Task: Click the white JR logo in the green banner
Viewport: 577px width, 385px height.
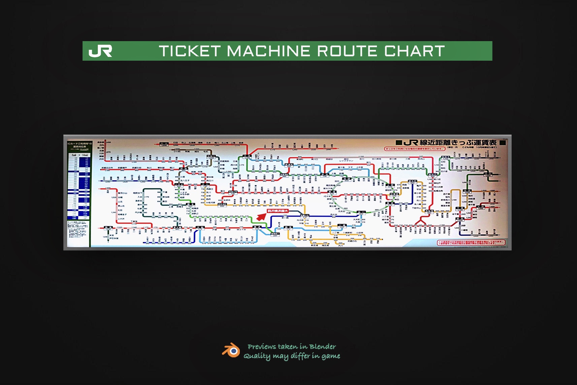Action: click(100, 51)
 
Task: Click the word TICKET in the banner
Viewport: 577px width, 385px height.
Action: click(190, 51)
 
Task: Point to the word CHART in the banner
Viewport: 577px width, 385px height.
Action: click(414, 51)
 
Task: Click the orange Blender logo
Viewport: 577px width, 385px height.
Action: click(231, 350)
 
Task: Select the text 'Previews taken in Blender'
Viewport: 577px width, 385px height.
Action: click(292, 347)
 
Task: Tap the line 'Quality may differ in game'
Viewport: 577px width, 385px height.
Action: click(292, 356)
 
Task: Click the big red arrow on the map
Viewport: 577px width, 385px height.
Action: click(261, 216)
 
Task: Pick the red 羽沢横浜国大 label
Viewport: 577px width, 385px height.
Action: click(278, 211)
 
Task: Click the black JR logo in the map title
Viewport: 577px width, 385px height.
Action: click(411, 143)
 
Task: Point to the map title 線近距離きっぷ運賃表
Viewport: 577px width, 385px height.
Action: click(458, 143)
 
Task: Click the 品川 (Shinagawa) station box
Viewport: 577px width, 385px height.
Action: click(361, 212)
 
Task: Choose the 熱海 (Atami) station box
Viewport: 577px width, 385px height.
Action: click(108, 228)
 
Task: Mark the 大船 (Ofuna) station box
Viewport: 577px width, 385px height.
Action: click(200, 228)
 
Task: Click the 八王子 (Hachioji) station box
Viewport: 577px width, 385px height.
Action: click(179, 184)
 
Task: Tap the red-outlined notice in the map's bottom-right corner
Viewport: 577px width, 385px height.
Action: click(471, 242)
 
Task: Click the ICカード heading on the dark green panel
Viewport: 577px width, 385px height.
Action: click(79, 145)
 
